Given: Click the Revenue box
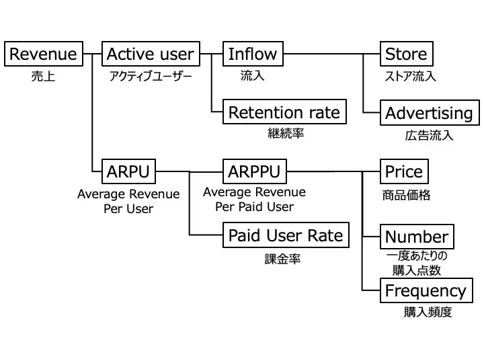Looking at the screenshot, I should coord(44,54).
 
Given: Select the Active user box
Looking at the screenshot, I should coord(151,54).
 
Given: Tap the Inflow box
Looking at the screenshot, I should coord(253,54).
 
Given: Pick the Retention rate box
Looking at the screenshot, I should coord(284,112).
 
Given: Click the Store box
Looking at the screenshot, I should coord(405,54).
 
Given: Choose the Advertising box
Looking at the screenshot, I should coord(429,113).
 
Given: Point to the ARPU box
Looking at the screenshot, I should coord(128,171).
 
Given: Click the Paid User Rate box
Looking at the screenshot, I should coord(286,235).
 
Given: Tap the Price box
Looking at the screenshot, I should coord(403,171).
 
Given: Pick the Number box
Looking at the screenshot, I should coord(416,237).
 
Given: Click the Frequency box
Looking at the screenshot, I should coord(425,291).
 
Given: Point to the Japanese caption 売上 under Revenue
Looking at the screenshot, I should coord(43,76).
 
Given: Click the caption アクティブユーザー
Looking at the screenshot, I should coord(151,76).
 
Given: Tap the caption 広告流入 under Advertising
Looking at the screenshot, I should coord(429,135).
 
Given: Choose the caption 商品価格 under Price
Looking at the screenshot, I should coord(406,196).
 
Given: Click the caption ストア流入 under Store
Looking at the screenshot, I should coord(409,76).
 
